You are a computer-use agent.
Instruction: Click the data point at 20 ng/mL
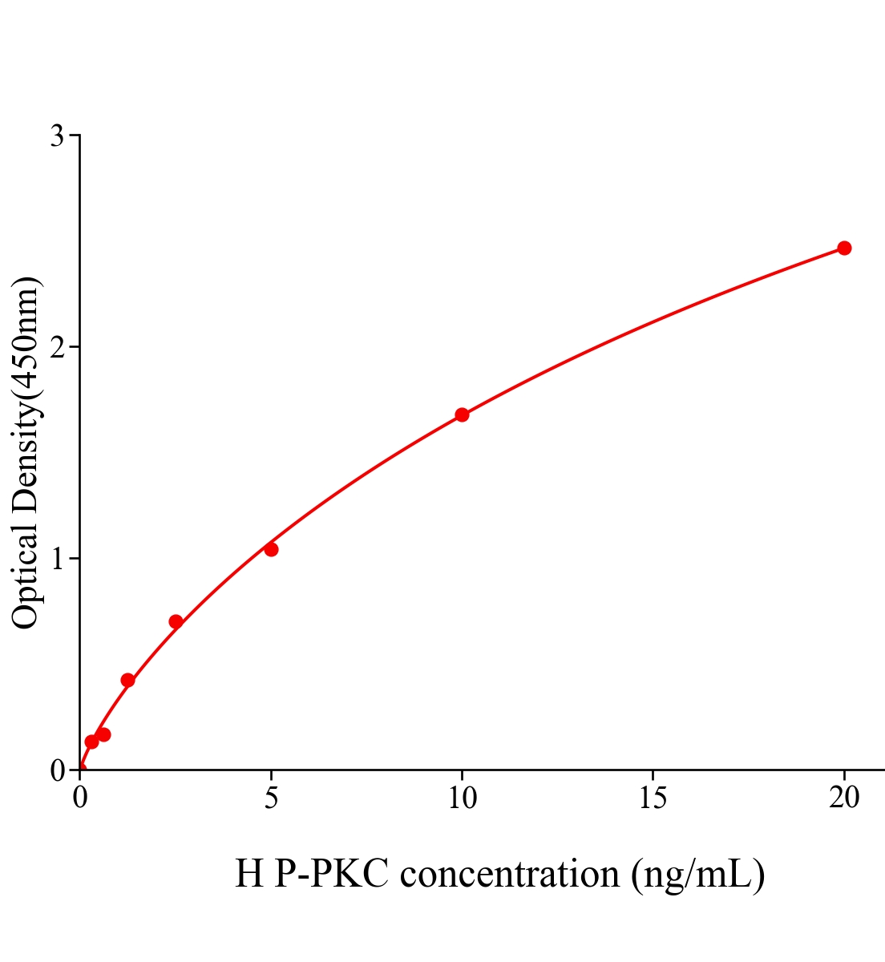[x=843, y=248]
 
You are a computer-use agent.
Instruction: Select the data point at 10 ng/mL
[x=462, y=414]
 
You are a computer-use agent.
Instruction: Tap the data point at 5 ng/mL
[x=271, y=549]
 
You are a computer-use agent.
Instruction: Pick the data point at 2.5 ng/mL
[x=176, y=621]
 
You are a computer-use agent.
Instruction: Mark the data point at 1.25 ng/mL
[x=127, y=680]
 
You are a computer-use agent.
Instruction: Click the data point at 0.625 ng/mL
[x=103, y=734]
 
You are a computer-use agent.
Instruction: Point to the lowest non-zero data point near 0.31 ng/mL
[x=91, y=742]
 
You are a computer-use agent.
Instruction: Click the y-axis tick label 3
[x=57, y=136]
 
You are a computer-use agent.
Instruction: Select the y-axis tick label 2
[x=57, y=347]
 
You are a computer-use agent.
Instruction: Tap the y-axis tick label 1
[x=57, y=559]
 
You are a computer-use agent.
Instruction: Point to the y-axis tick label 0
[x=57, y=770]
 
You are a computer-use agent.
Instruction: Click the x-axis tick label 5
[x=271, y=798]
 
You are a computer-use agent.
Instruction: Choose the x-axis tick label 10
[x=462, y=798]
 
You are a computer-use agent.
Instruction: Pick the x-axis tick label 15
[x=653, y=798]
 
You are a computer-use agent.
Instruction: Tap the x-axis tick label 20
[x=843, y=798]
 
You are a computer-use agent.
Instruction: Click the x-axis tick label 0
[x=80, y=798]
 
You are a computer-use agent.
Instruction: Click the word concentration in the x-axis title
[x=510, y=874]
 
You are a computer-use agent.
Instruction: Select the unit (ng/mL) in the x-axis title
[x=697, y=874]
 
